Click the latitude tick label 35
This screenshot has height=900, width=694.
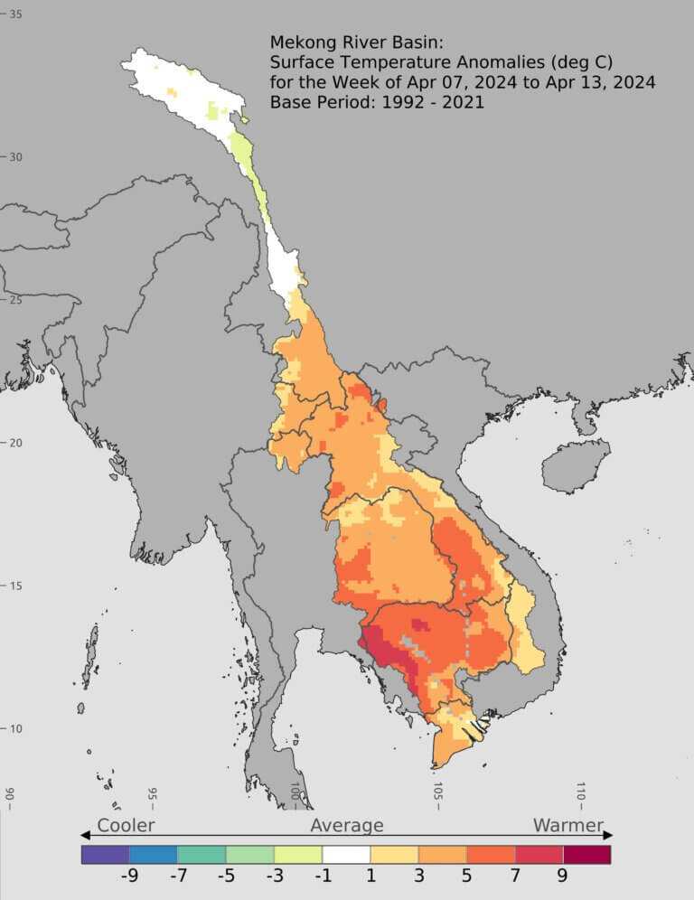point(15,14)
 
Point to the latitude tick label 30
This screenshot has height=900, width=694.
point(15,156)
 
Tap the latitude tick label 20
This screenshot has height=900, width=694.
point(15,442)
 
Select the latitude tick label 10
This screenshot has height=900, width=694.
point(15,728)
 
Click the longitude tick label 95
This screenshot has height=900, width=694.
point(153,794)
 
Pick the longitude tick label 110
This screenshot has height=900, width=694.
point(581,794)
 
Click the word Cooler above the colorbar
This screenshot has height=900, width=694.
point(126,825)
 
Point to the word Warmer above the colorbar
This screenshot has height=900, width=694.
point(568,825)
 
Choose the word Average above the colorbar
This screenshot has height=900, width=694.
point(347,825)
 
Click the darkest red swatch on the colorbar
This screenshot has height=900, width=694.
point(586,854)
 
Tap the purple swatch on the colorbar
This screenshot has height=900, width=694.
point(105,854)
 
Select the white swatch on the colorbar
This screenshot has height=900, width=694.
point(346,854)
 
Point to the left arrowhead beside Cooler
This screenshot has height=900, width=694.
point(86,835)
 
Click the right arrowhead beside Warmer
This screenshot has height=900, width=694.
point(608,835)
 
